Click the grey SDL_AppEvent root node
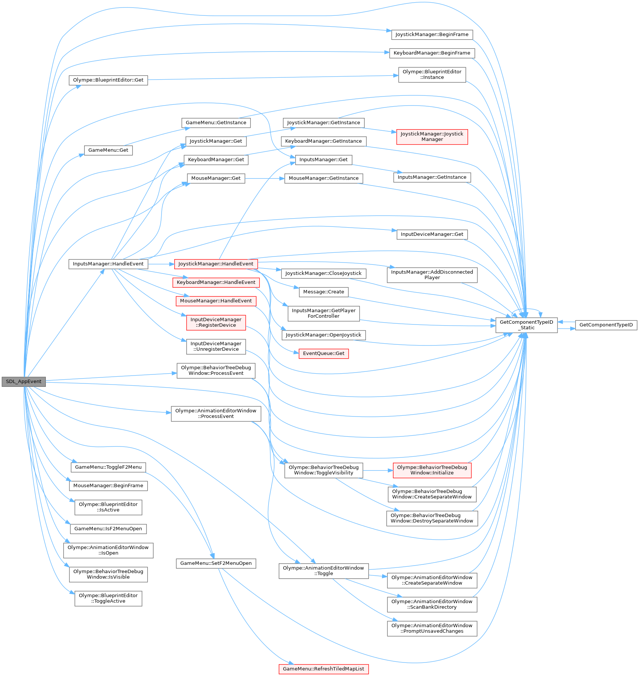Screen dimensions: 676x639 coord(24,382)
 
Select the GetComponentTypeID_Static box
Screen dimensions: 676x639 coord(526,325)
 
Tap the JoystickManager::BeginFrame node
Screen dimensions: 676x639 coord(432,35)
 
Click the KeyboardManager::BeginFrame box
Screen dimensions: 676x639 coord(432,53)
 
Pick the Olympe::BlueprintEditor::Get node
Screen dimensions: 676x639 coord(108,80)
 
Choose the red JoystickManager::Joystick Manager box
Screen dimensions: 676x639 coord(432,137)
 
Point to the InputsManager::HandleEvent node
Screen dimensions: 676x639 coord(108,264)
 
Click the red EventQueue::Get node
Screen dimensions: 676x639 coord(323,353)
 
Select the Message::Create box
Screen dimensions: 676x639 coord(323,292)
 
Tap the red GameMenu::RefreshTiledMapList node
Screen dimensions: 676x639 coord(323,669)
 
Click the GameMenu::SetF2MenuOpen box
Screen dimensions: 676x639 coord(216,563)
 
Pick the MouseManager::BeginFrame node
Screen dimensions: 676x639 coord(108,486)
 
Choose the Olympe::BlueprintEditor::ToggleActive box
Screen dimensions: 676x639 coord(108,598)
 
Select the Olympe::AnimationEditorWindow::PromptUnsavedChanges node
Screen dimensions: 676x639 coord(432,628)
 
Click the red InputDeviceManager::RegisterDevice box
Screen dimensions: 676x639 coord(216,322)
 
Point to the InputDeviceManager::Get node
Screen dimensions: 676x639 coord(432,234)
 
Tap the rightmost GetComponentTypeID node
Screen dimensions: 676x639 coord(606,325)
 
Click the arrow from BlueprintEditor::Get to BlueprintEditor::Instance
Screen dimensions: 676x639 coord(270,77)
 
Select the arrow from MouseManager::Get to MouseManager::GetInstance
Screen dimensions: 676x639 coord(264,178)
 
